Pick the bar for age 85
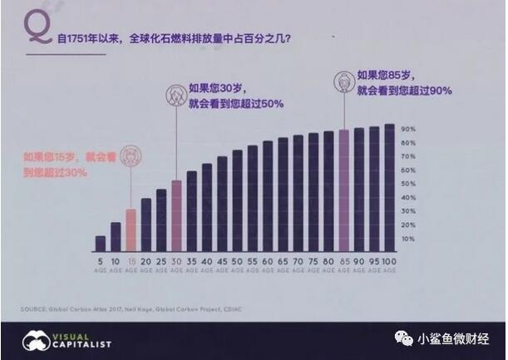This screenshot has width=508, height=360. point(343,190)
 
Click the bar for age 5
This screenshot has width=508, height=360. point(101,243)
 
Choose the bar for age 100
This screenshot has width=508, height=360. point(388,188)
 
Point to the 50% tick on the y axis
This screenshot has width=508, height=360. point(409,185)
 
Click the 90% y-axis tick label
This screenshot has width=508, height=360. point(409,130)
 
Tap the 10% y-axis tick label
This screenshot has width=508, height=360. point(409,239)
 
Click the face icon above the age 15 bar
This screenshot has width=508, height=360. point(131,156)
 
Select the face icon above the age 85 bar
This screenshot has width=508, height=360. point(343,81)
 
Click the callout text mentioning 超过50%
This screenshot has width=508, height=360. point(237,95)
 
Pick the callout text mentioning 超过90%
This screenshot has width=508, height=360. point(404,81)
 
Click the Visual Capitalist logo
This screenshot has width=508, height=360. point(67,341)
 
